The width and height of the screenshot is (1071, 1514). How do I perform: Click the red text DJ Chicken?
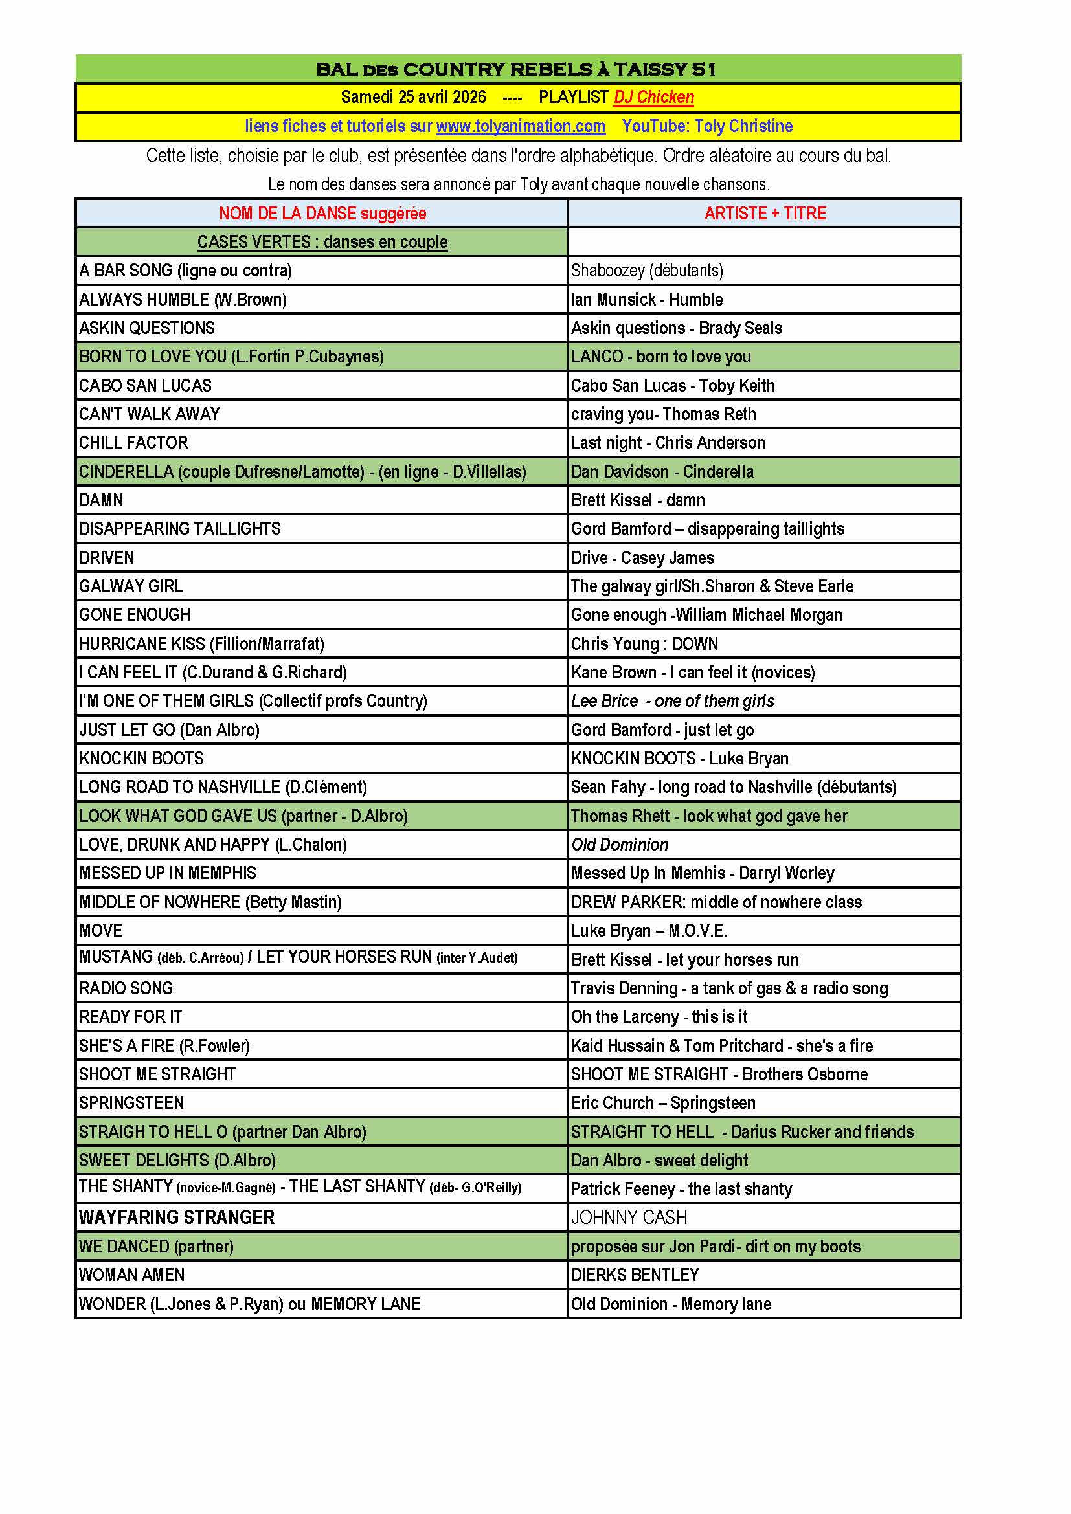pos(653,98)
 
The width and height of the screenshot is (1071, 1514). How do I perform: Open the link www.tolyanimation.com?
pos(521,126)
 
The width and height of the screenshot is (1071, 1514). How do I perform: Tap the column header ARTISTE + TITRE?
pos(764,214)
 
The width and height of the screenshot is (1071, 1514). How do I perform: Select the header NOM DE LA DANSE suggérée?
pos(322,214)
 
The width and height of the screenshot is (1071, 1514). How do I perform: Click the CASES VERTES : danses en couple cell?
pos(322,242)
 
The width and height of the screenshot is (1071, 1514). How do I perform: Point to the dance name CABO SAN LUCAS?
pos(145,386)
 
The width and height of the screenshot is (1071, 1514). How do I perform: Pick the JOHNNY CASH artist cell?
pos(629,1218)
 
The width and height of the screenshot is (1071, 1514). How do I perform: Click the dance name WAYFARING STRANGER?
pos(176,1218)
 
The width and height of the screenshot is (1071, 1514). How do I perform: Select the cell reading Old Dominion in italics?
pos(619,845)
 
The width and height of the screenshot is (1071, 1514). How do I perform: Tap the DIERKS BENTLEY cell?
pos(635,1275)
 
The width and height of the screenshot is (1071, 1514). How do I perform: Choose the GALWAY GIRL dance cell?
pos(131,586)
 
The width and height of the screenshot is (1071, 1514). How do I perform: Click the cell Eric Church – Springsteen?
pos(663,1102)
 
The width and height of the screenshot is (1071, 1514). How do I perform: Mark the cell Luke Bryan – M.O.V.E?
pos(648,930)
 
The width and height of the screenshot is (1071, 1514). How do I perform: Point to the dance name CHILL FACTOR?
pos(133,443)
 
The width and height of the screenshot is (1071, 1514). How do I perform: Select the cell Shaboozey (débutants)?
pos(646,271)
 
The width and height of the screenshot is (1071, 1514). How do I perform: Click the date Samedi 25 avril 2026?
pos(413,98)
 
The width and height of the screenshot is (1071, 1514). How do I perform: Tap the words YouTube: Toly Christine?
pos(707,126)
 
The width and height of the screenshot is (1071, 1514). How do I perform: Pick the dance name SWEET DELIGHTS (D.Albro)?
pos(177,1160)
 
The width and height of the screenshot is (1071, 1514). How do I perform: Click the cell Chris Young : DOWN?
pos(644,643)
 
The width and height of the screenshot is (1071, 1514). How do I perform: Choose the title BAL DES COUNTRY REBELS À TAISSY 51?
pos(515,69)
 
